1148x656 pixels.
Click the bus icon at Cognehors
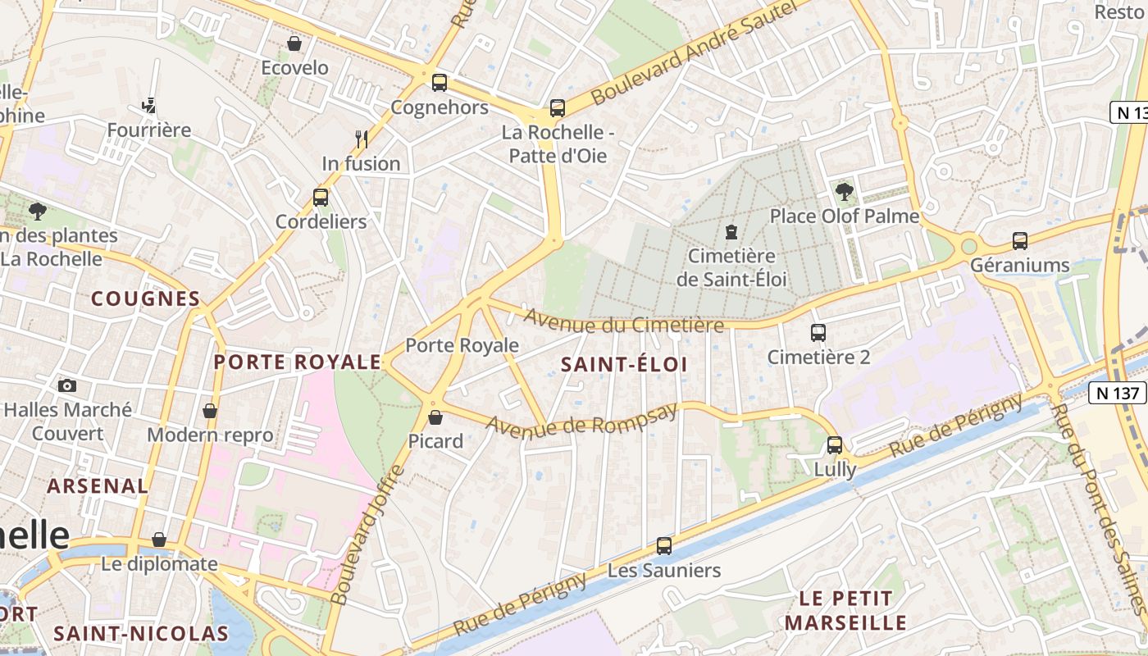(440, 83)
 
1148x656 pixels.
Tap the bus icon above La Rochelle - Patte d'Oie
(558, 107)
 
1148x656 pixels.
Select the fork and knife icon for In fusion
(361, 139)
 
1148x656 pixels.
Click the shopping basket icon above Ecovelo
(294, 43)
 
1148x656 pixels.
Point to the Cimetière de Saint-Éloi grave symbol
(731, 232)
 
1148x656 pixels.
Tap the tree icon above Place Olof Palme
(844, 192)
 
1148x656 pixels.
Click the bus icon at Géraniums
(1020, 241)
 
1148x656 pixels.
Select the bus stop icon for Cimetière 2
(818, 333)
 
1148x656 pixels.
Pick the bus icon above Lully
(835, 445)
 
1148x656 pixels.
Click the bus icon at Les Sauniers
(664, 546)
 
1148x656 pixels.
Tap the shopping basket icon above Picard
(435, 417)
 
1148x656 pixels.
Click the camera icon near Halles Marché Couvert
(67, 385)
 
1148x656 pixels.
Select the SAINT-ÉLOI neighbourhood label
(624, 365)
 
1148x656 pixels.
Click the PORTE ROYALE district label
(298, 362)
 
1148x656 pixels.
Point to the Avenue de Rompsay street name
(582, 417)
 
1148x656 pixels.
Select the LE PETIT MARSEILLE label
(845, 610)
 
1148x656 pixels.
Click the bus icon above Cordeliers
(321, 198)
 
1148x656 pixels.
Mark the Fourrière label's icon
(148, 105)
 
